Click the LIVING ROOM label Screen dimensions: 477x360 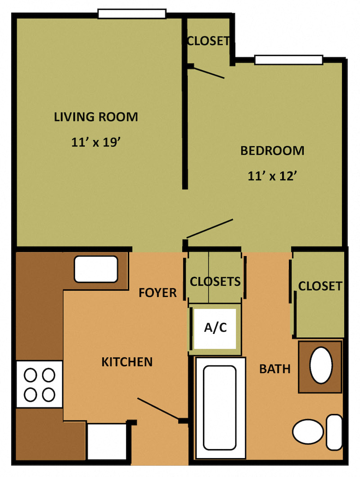(x=96, y=117)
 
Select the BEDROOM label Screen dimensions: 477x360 (x=272, y=151)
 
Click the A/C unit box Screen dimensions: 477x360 (x=216, y=328)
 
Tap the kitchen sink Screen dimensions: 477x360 (x=96, y=269)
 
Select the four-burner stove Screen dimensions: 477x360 (x=40, y=384)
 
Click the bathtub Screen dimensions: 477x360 (x=220, y=407)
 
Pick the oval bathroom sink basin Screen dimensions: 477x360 (x=321, y=365)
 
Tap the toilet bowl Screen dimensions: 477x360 (x=308, y=432)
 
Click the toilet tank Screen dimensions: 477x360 (x=334, y=432)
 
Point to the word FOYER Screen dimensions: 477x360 (x=157, y=293)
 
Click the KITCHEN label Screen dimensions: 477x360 (x=127, y=362)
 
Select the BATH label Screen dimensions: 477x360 (x=274, y=369)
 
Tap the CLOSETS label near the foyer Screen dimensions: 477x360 (x=215, y=282)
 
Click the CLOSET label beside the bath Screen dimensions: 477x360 (x=320, y=286)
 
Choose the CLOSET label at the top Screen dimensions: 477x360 (x=208, y=41)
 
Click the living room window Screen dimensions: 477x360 (x=132, y=14)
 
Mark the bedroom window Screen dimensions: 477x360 (x=288, y=59)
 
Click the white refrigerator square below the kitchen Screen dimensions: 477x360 (x=107, y=442)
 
